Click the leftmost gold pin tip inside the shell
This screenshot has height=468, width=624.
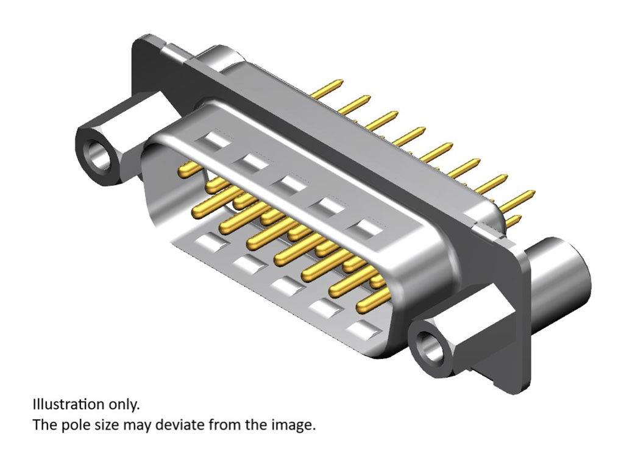184,171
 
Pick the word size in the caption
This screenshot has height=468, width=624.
105,425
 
